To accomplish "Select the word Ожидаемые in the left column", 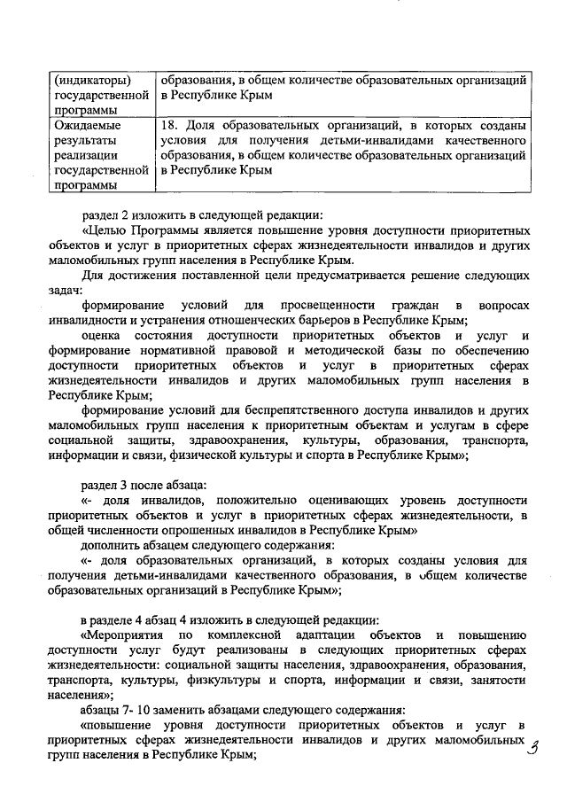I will click(x=86, y=126).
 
